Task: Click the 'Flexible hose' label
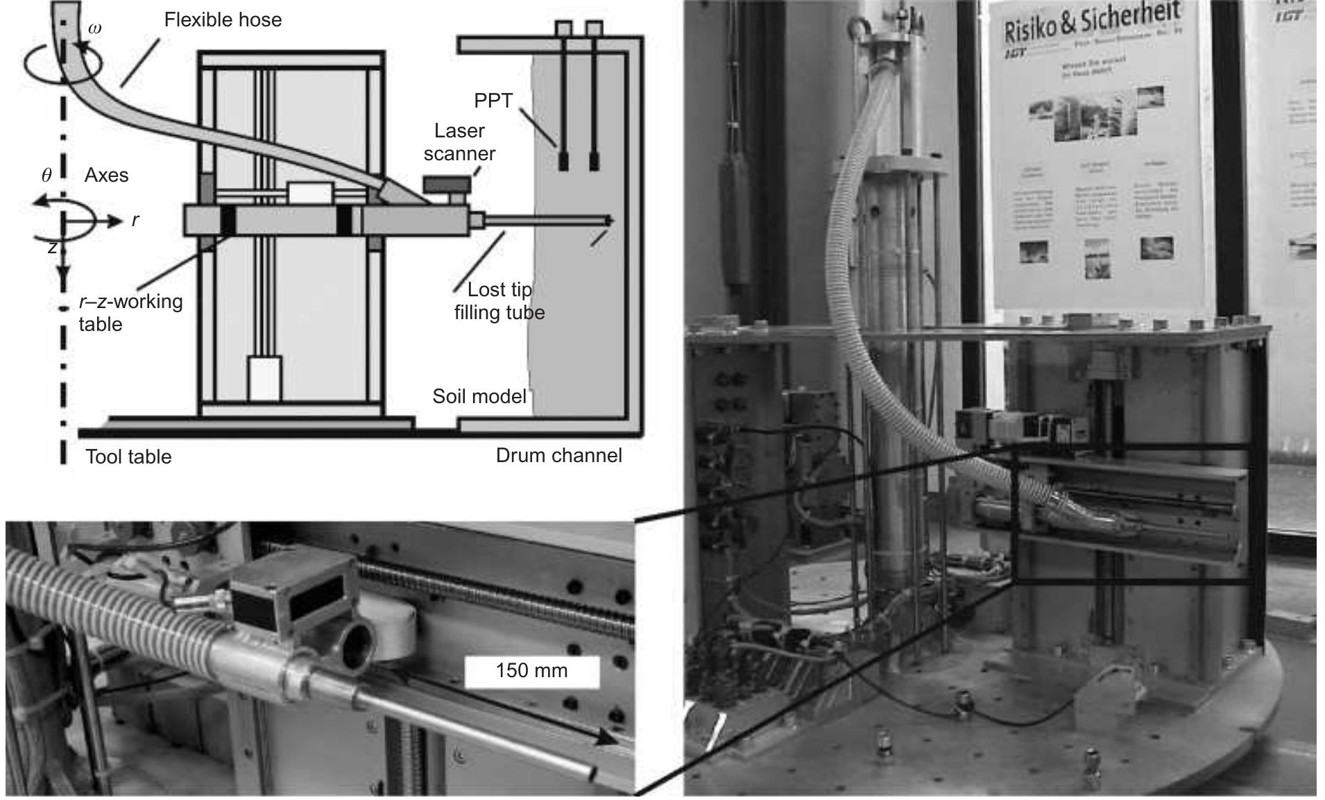(x=223, y=19)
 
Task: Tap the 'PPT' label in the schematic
(x=493, y=101)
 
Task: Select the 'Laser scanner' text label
(x=459, y=142)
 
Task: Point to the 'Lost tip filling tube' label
(x=499, y=300)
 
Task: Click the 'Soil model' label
(x=479, y=396)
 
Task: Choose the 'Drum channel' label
(x=558, y=455)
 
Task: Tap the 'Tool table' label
(x=128, y=457)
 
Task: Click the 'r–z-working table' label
(x=130, y=312)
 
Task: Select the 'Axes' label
(x=106, y=175)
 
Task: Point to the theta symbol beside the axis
(x=46, y=176)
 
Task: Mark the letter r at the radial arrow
(x=135, y=220)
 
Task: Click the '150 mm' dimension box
(x=531, y=671)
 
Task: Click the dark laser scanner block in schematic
(x=447, y=185)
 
